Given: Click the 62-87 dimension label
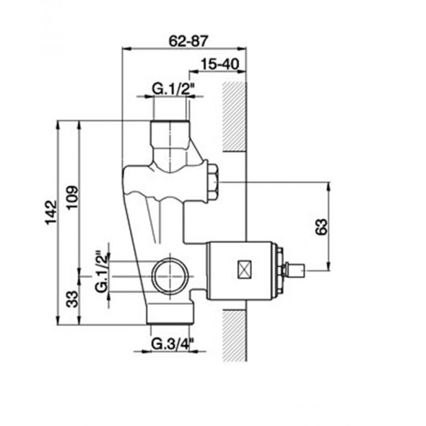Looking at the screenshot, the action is [x=188, y=41].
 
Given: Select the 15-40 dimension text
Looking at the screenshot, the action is [x=220, y=65].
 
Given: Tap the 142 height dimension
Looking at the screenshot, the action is [x=51, y=212].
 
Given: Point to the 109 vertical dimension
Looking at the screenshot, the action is [x=72, y=197].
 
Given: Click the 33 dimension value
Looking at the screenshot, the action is [x=72, y=299].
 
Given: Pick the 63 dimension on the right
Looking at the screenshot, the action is [x=322, y=226].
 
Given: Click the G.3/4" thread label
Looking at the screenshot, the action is [x=172, y=344].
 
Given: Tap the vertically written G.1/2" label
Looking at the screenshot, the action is [x=102, y=271].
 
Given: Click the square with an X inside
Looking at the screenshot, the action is [x=245, y=270].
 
